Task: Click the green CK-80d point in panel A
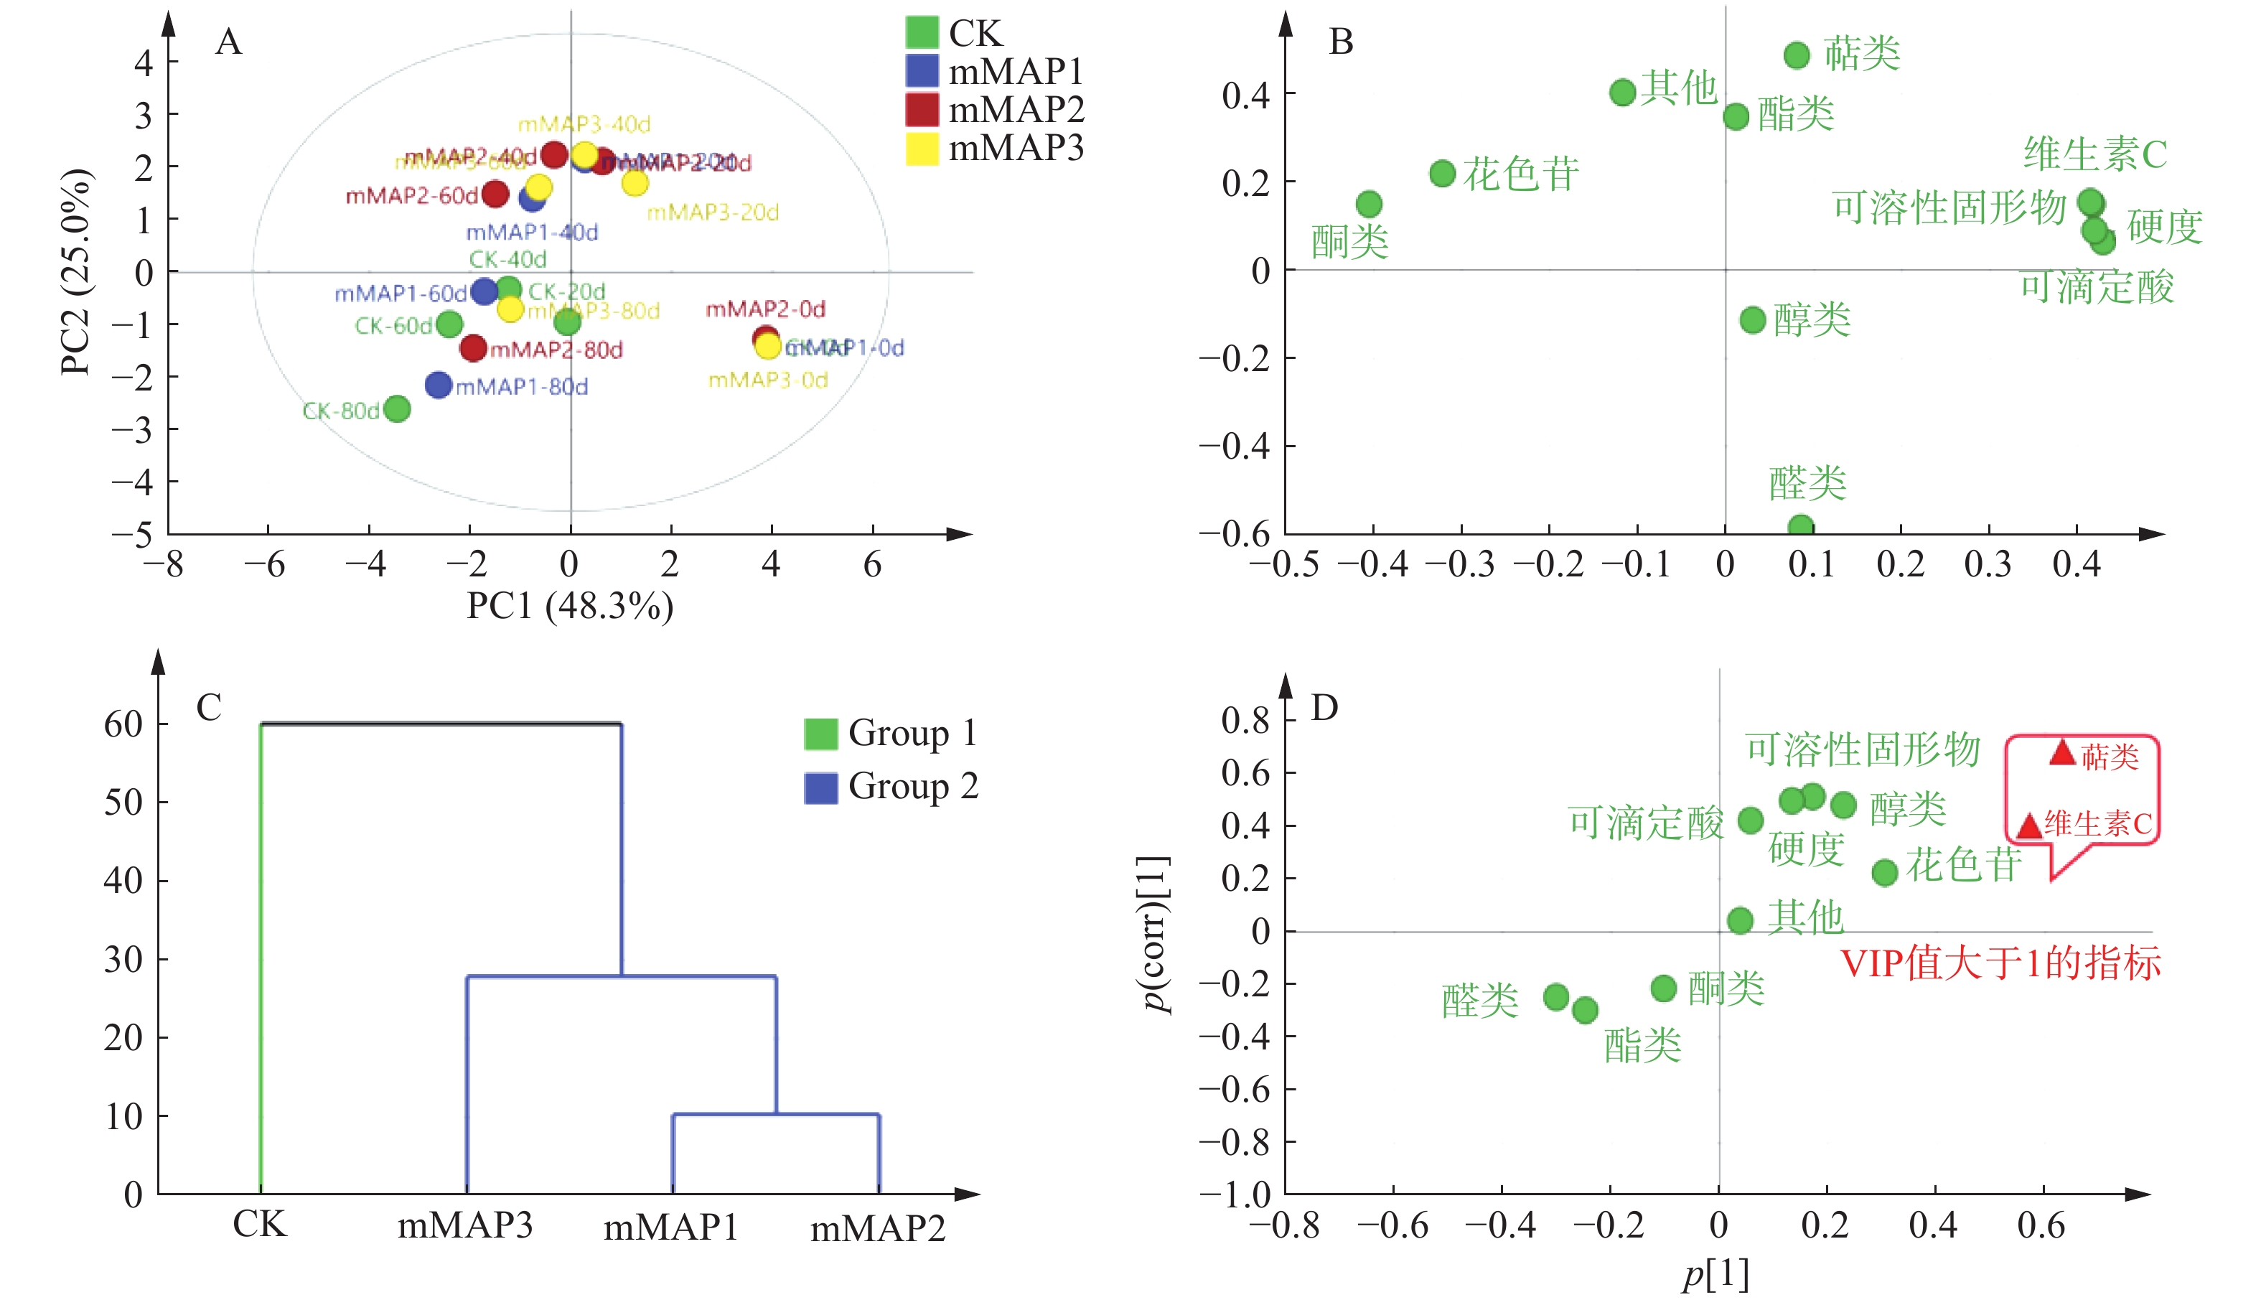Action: click(396, 409)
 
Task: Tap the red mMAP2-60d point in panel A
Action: click(495, 194)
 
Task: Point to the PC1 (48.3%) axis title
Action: click(569, 607)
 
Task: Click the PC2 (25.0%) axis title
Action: click(76, 271)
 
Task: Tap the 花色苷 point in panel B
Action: click(1443, 173)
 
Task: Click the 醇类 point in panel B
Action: click(1753, 319)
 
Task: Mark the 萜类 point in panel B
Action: click(1797, 55)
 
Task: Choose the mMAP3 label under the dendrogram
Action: click(465, 1225)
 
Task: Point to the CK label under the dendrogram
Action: click(260, 1224)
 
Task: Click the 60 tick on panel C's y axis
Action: click(123, 724)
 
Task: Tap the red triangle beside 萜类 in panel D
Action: click(2062, 753)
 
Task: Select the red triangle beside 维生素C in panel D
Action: click(2029, 826)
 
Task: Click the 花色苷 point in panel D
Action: click(1884, 872)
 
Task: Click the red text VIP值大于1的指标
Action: click(2000, 963)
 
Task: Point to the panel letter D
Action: click(1324, 708)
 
